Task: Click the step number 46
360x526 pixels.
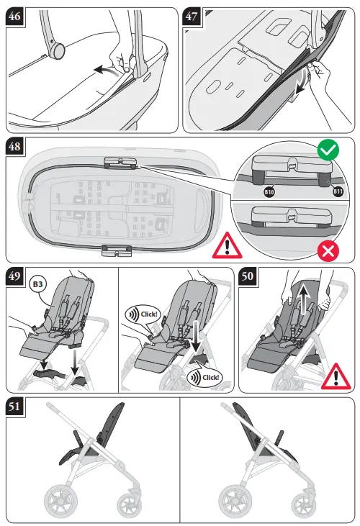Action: point(17,18)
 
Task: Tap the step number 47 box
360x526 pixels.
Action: point(194,18)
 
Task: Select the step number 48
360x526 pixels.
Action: point(17,148)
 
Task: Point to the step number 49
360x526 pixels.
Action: point(17,278)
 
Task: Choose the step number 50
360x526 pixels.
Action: point(250,278)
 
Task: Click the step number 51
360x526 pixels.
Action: point(17,408)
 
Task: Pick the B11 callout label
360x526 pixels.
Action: point(336,192)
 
